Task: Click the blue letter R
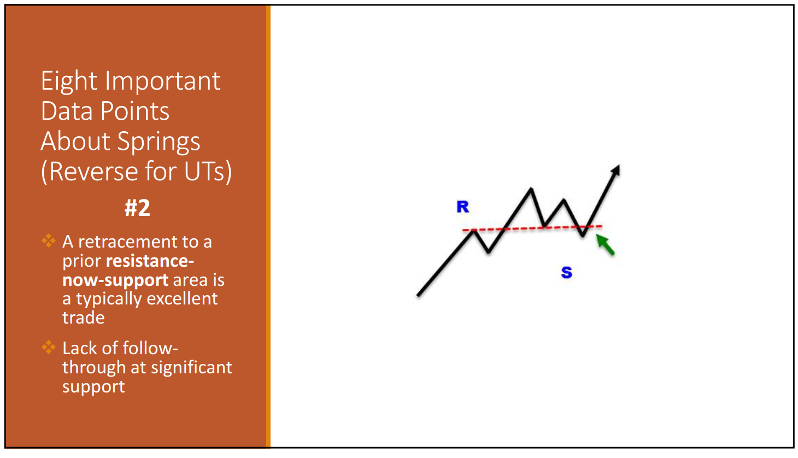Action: tap(463, 207)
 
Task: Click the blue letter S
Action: tap(566, 272)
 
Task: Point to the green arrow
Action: tap(605, 244)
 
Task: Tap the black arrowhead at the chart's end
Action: tap(616, 170)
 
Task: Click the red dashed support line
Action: tap(532, 228)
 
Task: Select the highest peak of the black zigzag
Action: tap(531, 189)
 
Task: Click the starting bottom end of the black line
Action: tap(418, 295)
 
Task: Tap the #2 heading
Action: tap(138, 208)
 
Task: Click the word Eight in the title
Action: tap(69, 81)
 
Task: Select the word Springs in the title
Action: tap(159, 142)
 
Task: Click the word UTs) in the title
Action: tap(208, 172)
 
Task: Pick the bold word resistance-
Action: tap(150, 261)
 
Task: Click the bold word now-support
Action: tap(115, 280)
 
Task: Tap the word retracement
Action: tap(127, 242)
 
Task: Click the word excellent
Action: tap(182, 298)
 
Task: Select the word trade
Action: tap(84, 318)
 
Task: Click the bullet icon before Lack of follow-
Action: tap(49, 347)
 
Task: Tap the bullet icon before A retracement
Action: tap(49, 241)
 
